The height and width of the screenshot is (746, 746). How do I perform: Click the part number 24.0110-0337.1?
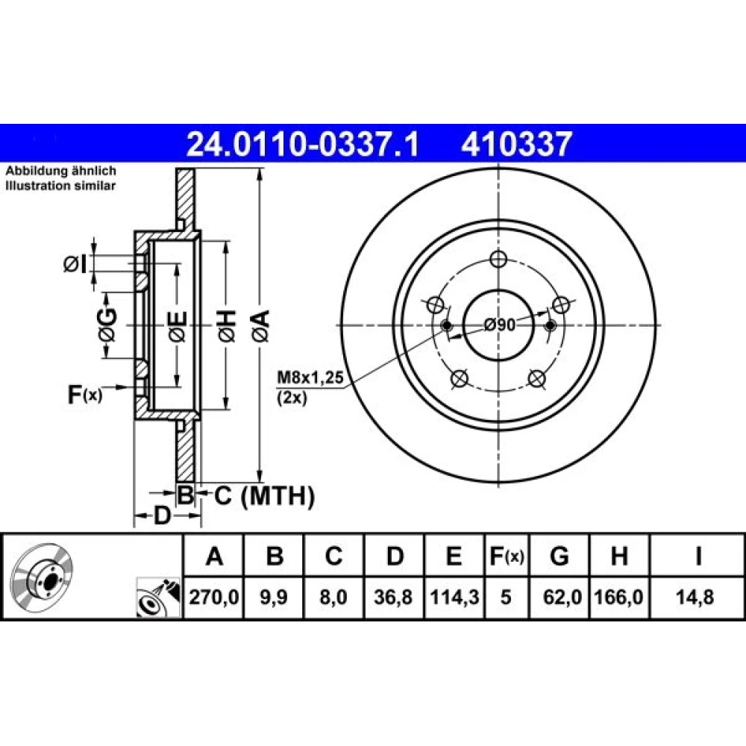(x=302, y=144)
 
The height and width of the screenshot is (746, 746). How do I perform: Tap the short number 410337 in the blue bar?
(x=515, y=144)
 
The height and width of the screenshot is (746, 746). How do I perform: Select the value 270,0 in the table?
(x=213, y=597)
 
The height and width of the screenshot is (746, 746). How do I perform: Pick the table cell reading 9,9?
(x=274, y=597)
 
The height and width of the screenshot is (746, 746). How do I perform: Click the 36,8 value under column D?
(x=393, y=597)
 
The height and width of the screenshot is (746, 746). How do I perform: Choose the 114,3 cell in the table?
(x=454, y=597)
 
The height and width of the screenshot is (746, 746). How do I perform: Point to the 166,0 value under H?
(x=619, y=597)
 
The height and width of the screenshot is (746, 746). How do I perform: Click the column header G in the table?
(x=559, y=556)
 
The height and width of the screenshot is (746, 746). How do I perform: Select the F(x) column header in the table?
(x=507, y=556)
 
